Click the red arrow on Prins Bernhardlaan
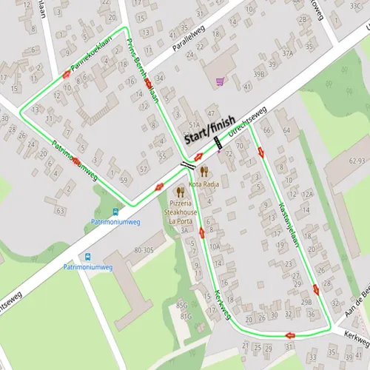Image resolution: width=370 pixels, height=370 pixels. click(149, 83)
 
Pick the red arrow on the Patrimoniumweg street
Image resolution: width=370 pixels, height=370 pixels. click(76, 160)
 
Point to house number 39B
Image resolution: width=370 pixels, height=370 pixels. click(259, 74)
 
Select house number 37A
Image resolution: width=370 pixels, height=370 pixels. click(288, 53)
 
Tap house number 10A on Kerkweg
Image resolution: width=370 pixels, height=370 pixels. click(215, 246)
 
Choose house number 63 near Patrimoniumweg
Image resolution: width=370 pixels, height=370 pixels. click(60, 211)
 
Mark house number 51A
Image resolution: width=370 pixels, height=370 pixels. click(194, 125)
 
